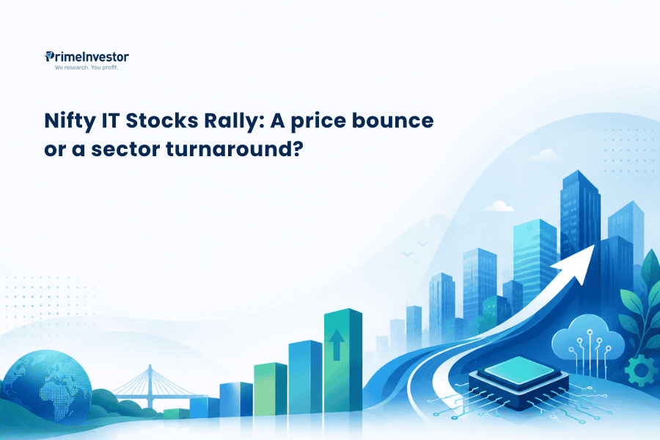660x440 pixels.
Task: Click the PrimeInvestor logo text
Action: coord(87,57)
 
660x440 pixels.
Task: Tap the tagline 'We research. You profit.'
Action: coord(87,67)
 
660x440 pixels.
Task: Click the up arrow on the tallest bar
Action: coord(337,345)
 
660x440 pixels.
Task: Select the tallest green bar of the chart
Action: coord(343,360)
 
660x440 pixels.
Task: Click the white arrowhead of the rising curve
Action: coord(579,263)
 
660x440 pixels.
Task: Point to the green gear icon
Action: coord(641,370)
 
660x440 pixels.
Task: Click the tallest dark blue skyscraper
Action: coord(581,215)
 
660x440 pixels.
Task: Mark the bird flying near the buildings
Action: coord(407,254)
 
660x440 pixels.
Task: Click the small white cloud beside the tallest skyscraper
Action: coord(499,206)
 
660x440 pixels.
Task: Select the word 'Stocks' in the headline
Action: coord(162,121)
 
